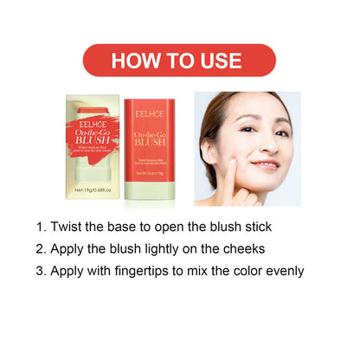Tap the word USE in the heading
[221, 61]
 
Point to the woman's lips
[265, 164]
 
